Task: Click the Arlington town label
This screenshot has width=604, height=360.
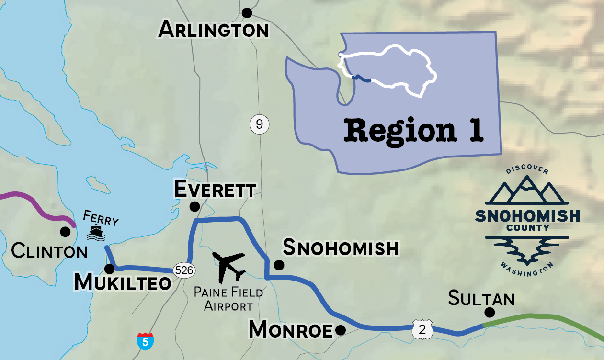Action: click(x=214, y=30)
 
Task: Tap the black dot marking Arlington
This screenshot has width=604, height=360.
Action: click(x=247, y=12)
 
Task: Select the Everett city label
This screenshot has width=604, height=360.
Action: click(x=215, y=190)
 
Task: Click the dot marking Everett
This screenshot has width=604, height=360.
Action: click(x=194, y=207)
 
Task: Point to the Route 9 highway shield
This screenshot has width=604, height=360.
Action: click(x=259, y=125)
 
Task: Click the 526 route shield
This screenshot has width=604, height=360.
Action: click(x=184, y=270)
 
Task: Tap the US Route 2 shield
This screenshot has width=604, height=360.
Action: click(x=422, y=330)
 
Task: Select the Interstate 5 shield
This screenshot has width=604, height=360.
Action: click(x=145, y=340)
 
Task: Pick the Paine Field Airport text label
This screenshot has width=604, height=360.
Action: click(x=228, y=298)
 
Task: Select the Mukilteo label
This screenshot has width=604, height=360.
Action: click(x=123, y=283)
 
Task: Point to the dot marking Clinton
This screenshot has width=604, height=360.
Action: click(x=65, y=232)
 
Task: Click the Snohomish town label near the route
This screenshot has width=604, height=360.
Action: click(x=341, y=248)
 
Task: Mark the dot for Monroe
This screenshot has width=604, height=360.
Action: click(x=341, y=330)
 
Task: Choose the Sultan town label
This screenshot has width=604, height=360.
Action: click(x=481, y=299)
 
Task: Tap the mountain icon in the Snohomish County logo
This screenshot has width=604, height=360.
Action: click(x=527, y=191)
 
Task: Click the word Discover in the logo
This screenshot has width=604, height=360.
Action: click(x=527, y=170)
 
